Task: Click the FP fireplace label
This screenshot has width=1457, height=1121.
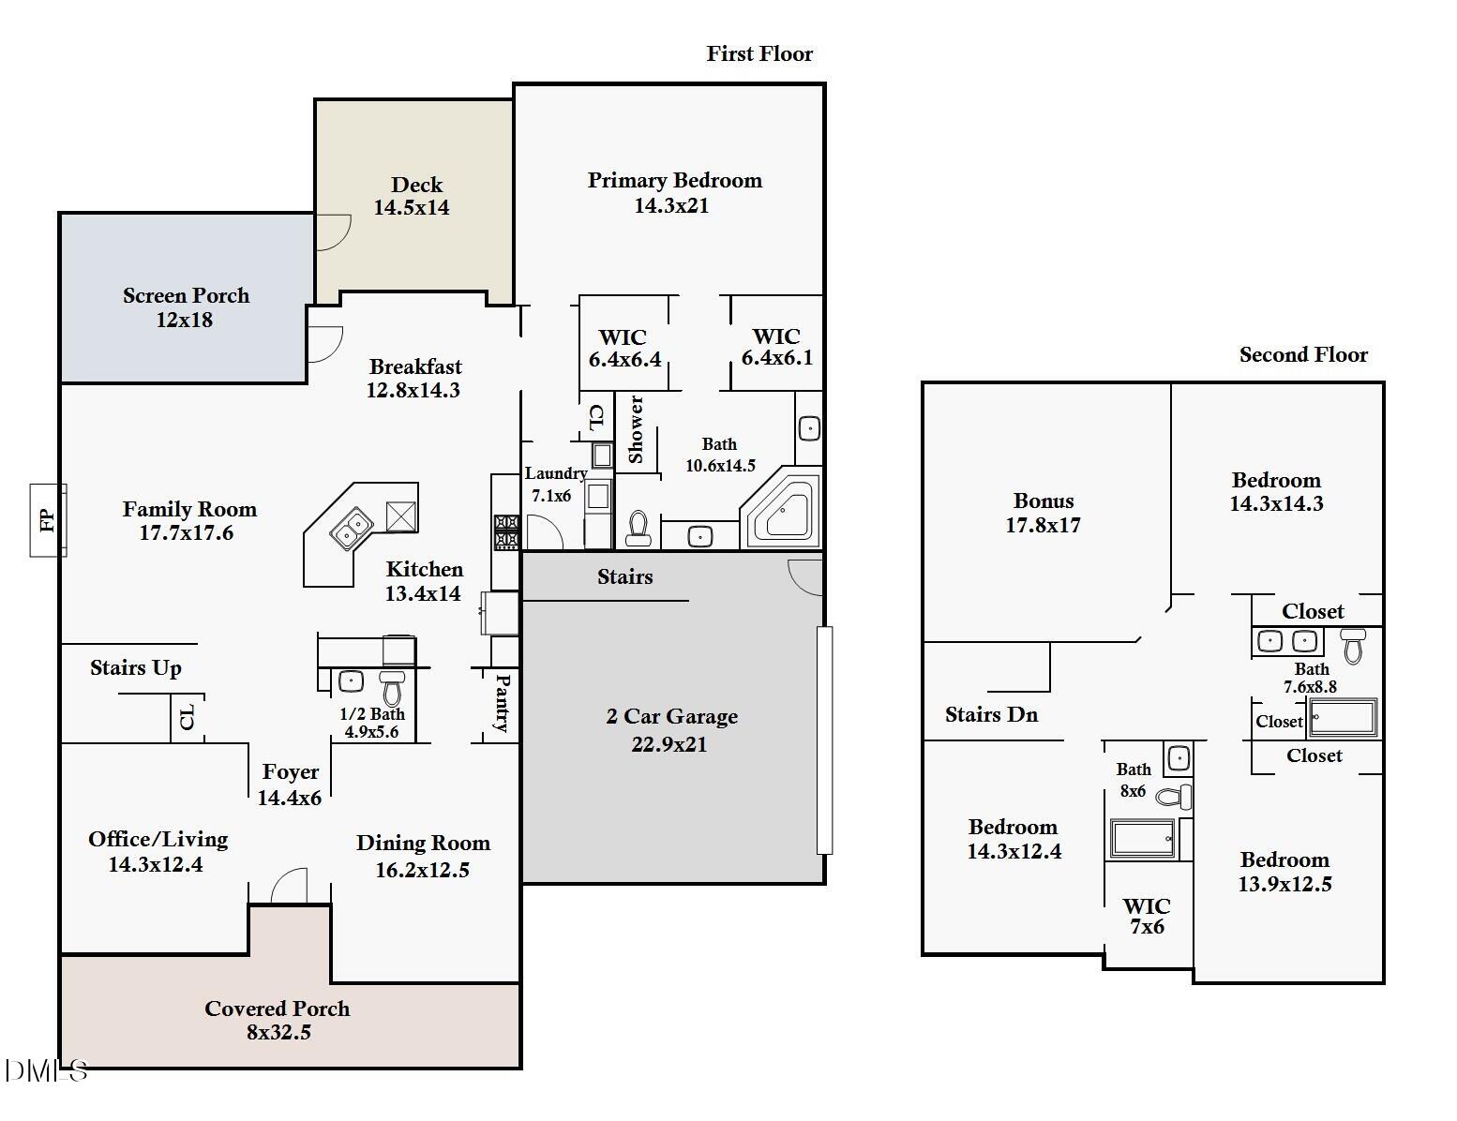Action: point(46,520)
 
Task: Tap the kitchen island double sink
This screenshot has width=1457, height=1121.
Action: point(352,529)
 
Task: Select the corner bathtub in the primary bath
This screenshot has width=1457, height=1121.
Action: point(781,510)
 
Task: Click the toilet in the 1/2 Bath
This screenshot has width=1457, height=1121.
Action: point(392,687)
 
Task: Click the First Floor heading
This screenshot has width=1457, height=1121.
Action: point(759,53)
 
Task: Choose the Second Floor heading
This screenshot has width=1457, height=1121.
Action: point(1303,354)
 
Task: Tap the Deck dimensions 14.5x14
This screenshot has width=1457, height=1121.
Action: point(412,208)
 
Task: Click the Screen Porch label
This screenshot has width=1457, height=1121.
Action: point(186,295)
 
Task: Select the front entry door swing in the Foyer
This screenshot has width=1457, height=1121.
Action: point(289,886)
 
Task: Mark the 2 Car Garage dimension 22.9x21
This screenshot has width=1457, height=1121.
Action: point(669,744)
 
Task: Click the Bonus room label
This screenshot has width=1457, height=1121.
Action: point(1044,501)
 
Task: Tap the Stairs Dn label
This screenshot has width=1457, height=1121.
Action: point(992,715)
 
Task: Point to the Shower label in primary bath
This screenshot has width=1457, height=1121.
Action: point(635,429)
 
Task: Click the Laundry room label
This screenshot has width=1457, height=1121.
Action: point(556,473)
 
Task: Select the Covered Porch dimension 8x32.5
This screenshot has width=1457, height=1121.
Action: point(278,1032)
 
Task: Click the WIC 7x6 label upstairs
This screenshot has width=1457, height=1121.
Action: point(1148,916)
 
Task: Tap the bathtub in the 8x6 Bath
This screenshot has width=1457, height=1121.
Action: point(1143,838)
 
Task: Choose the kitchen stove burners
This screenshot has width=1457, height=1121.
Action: point(506,531)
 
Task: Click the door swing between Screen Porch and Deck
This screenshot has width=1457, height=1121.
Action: point(333,232)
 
